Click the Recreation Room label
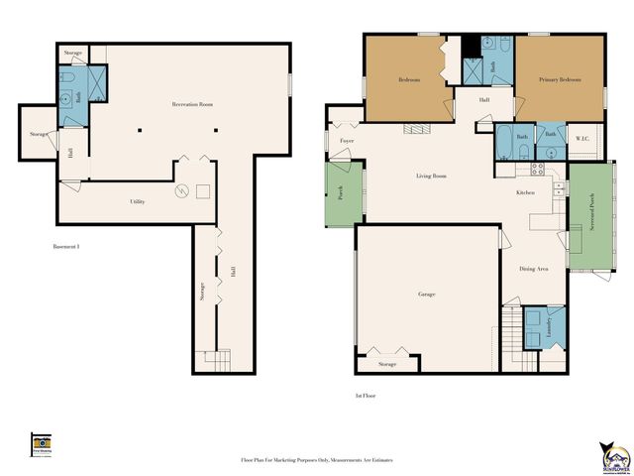tap(193, 104)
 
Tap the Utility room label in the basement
tap(138, 202)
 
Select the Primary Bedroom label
tap(560, 79)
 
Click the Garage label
tap(427, 295)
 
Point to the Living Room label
tap(431, 177)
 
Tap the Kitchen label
tap(526, 192)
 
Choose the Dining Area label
tap(535, 269)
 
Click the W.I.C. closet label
tap(582, 139)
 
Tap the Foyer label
tap(347, 141)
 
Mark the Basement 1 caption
tap(65, 246)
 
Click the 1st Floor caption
tap(366, 396)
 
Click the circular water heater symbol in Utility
tap(181, 191)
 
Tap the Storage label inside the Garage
tap(386, 364)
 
